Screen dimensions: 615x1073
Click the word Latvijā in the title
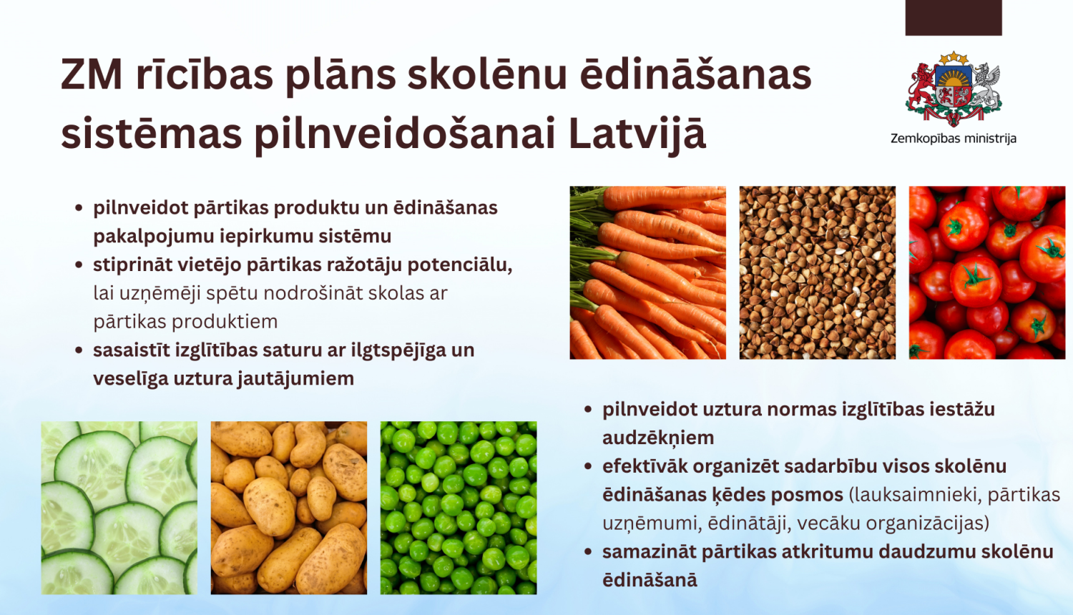point(637,134)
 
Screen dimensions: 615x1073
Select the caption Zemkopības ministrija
point(953,139)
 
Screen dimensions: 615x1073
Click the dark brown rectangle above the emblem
point(953,17)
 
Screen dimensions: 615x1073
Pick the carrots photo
point(647,272)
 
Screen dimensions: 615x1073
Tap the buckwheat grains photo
point(817,272)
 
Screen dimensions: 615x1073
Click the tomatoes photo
point(986,272)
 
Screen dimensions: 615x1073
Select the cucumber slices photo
point(119,508)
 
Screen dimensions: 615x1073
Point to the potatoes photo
point(288,508)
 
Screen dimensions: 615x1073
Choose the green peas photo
point(458,508)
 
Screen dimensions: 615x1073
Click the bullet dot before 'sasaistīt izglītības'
point(79,350)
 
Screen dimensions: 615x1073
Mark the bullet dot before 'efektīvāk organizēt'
point(588,466)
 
